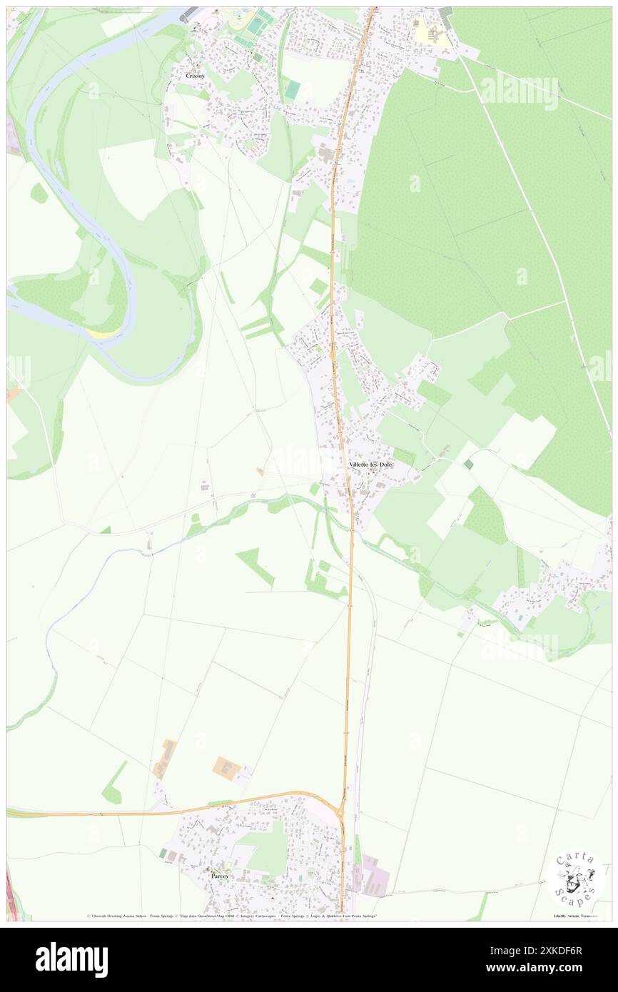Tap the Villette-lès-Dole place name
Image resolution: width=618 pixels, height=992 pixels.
point(370,465)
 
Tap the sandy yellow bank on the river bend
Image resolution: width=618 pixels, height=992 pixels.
point(104,333)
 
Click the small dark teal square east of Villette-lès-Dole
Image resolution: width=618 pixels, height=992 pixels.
point(467,464)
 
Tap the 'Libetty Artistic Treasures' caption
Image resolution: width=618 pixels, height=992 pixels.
point(575,916)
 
